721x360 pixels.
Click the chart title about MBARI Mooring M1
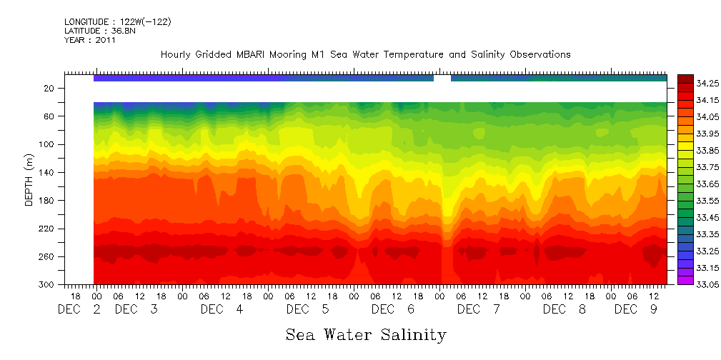(x=365, y=55)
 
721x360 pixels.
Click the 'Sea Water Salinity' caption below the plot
(x=366, y=334)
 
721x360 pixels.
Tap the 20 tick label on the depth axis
(x=49, y=89)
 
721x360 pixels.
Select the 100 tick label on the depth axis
(x=47, y=144)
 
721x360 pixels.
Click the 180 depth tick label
(x=47, y=201)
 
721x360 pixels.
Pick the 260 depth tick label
(x=47, y=256)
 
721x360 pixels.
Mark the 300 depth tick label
(x=47, y=284)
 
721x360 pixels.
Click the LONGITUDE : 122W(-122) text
(x=118, y=22)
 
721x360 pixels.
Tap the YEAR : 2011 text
(x=90, y=40)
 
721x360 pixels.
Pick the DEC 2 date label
(x=79, y=309)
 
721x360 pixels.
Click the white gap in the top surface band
(x=442, y=78)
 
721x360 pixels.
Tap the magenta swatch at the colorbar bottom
(x=685, y=280)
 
